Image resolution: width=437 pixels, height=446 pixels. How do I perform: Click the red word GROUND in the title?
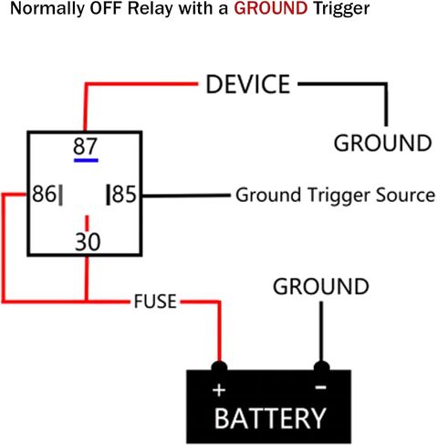[x=271, y=8]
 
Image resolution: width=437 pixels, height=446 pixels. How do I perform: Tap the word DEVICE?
[x=248, y=84]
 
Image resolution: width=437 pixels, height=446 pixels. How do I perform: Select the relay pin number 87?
[x=85, y=146]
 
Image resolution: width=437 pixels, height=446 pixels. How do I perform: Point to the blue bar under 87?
[x=86, y=160]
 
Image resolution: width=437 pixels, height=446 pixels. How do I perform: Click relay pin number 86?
[x=44, y=194]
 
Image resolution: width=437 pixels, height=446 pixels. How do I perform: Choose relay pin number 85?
[x=124, y=194]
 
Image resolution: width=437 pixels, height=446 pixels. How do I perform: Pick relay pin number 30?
[x=88, y=242]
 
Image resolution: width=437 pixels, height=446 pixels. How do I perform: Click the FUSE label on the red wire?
[x=155, y=302]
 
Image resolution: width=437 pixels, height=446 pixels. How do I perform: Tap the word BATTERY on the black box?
[x=270, y=419]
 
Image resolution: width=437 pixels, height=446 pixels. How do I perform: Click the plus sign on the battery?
[x=219, y=390]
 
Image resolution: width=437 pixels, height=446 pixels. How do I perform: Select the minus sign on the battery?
[x=320, y=388]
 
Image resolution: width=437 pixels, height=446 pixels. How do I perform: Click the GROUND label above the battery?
[x=321, y=286]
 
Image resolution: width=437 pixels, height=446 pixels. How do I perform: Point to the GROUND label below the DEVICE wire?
[x=382, y=143]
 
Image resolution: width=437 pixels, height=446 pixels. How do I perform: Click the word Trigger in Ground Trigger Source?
[x=338, y=196]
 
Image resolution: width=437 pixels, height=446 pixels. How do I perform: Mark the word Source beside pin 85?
[x=405, y=195]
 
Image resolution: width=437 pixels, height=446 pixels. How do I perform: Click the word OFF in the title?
[x=107, y=8]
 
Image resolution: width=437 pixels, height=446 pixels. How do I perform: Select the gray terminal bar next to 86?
[x=60, y=195]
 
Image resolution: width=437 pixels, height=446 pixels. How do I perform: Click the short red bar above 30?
[x=87, y=223]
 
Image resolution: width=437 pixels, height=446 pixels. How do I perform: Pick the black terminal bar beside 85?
[x=108, y=195]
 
